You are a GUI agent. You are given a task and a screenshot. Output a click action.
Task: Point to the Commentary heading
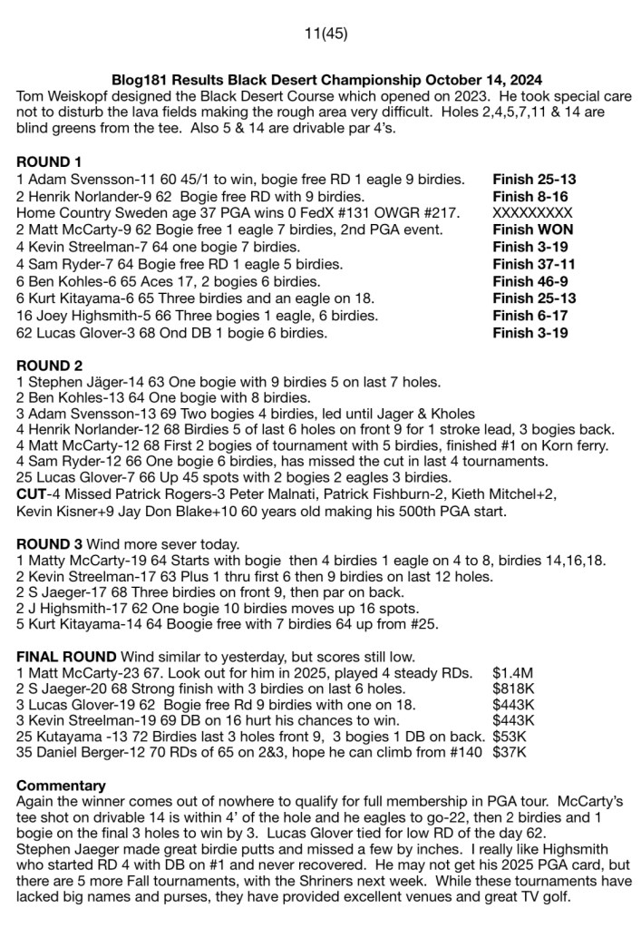pos(61,785)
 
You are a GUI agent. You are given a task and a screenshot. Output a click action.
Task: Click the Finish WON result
pos(533,230)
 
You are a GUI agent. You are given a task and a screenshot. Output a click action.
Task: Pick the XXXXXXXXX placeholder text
pos(533,212)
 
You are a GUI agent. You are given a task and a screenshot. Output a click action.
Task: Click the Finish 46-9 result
pos(531,281)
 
